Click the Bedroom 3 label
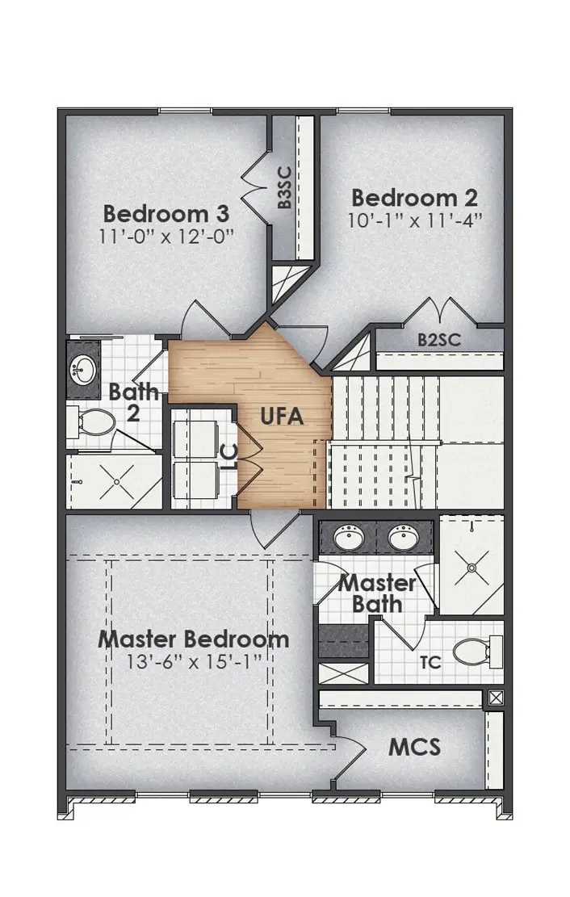tap(167, 214)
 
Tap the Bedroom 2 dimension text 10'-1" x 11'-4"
tap(415, 221)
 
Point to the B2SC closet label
tap(439, 340)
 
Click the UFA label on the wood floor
tap(282, 417)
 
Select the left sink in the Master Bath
tap(350, 535)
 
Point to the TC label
tap(431, 663)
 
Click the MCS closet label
tap(414, 747)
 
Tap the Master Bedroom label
tap(194, 639)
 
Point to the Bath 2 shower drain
tap(117, 482)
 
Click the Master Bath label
tap(378, 593)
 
